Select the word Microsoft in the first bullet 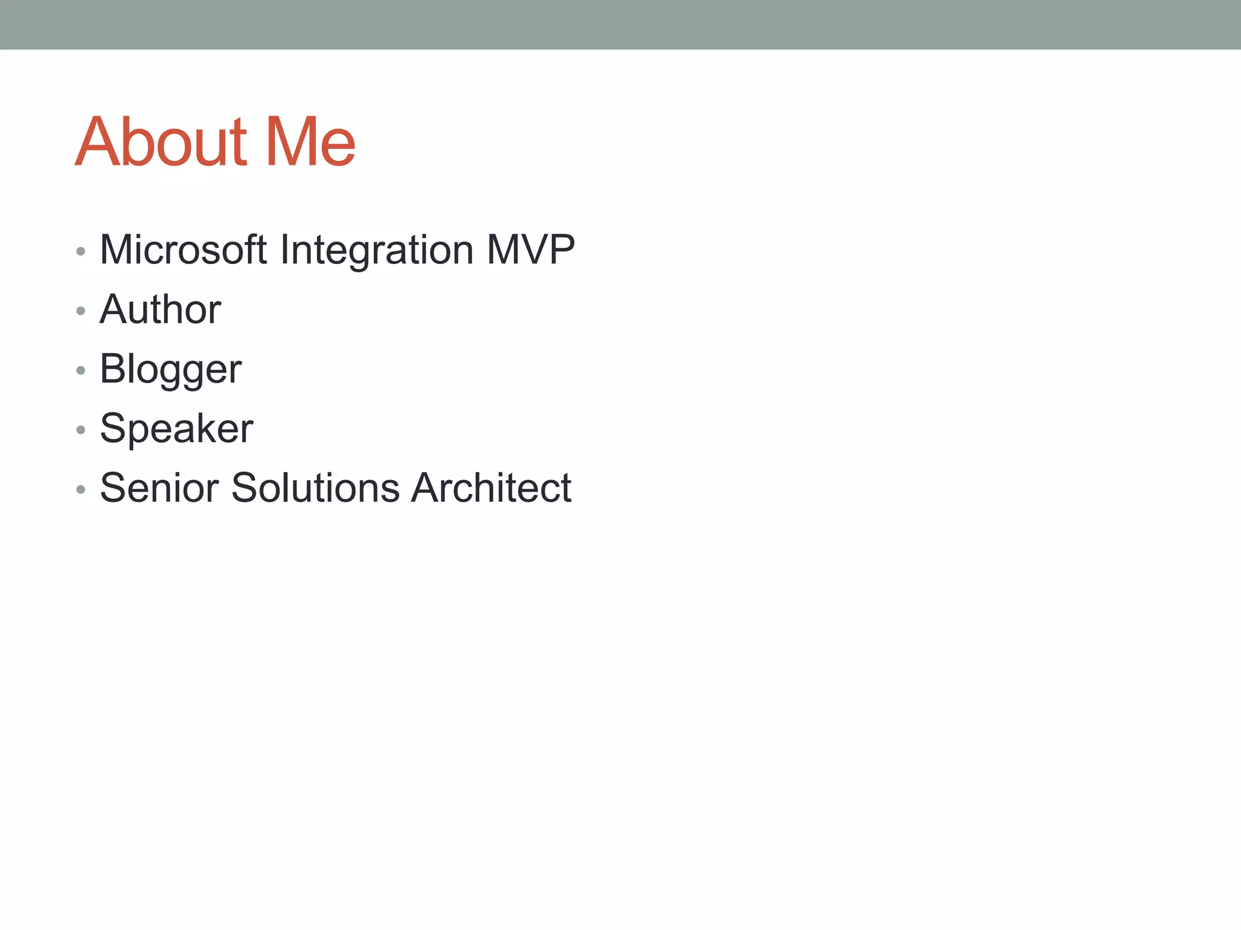pos(183,249)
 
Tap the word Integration pos(376,251)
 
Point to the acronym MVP pos(530,249)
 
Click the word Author pos(160,309)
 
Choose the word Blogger pos(170,369)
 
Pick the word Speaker pos(176,429)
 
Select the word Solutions pos(315,488)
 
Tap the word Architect pos(491,488)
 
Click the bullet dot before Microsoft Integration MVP pos(81,251)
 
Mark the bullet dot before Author pos(81,311)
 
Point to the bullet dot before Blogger pos(81,371)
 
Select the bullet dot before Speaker pos(81,430)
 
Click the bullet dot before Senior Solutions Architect pos(81,489)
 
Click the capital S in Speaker pos(113,429)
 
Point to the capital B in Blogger pos(113,368)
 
